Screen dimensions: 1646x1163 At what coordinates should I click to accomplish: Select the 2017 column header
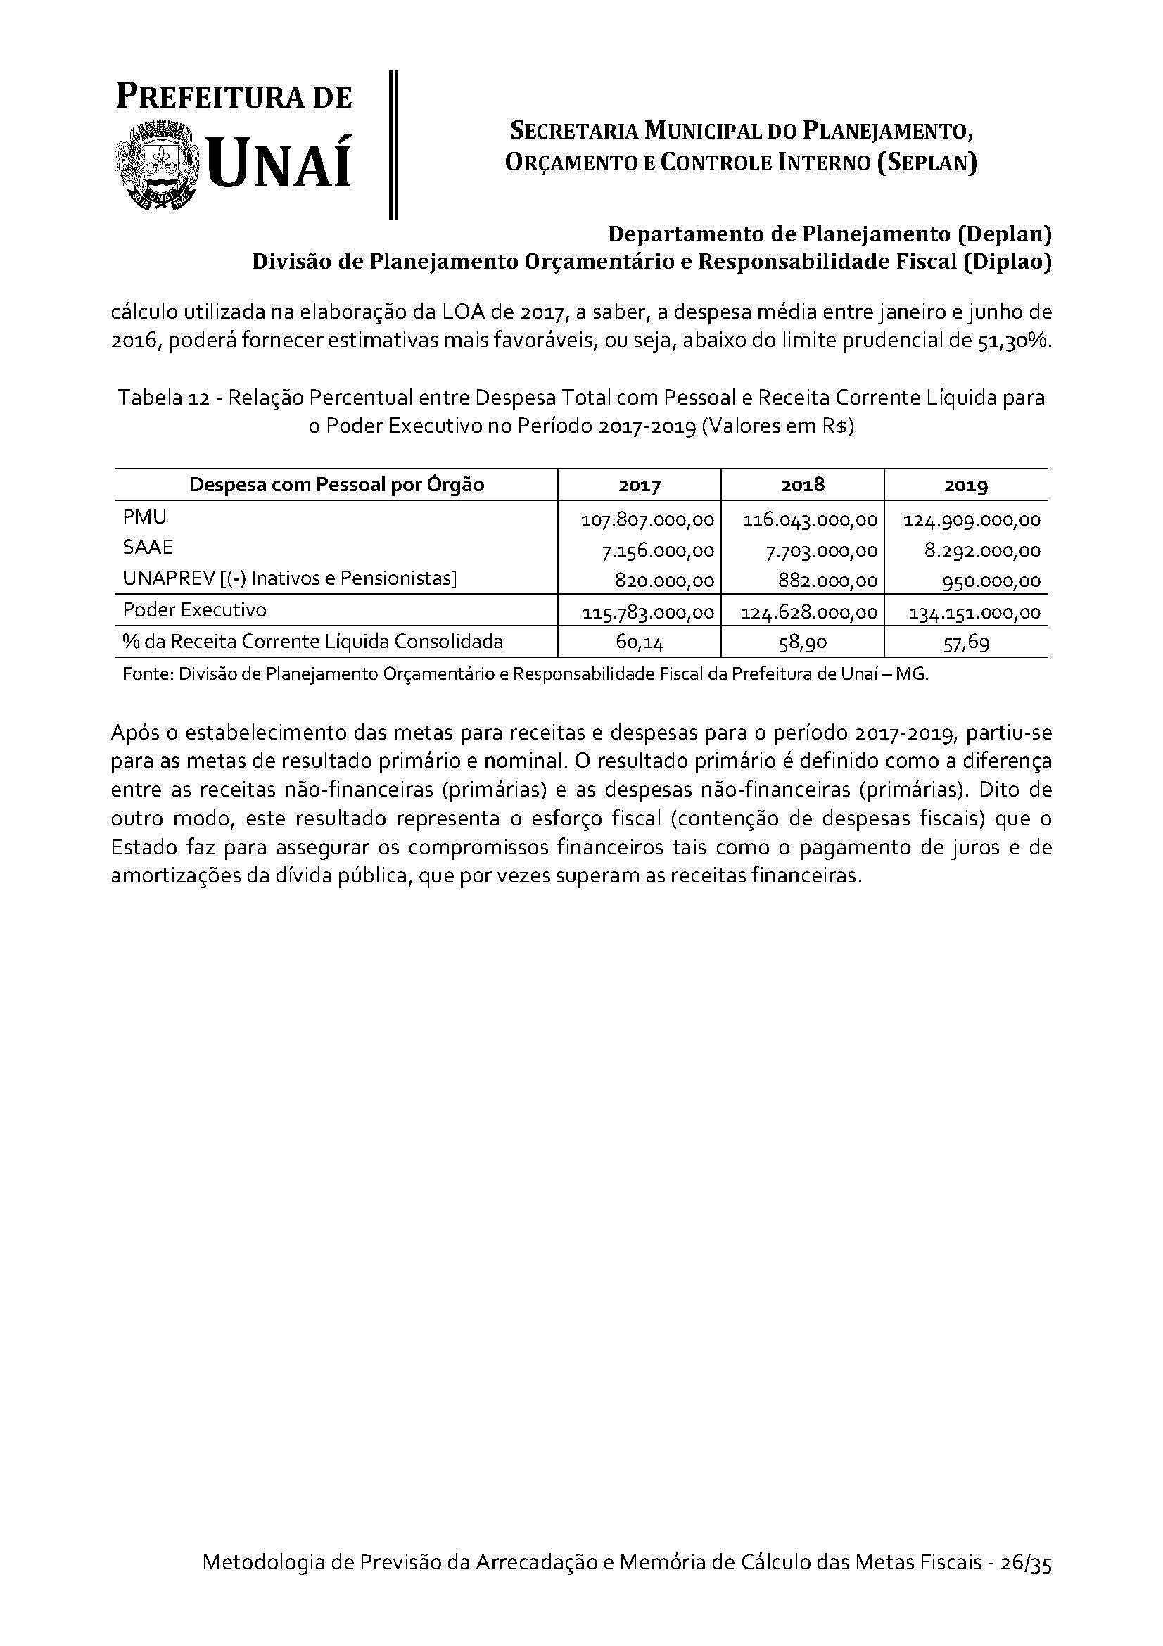tap(639, 486)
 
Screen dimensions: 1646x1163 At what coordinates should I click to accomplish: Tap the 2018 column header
tap(803, 486)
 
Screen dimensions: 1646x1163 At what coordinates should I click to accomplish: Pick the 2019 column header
tap(966, 486)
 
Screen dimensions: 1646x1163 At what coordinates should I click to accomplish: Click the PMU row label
tap(145, 517)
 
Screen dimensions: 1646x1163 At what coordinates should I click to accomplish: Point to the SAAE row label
tap(148, 547)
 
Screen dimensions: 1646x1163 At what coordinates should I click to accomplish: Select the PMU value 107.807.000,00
tap(647, 520)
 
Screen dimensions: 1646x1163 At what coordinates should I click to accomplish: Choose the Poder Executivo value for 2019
tap(974, 613)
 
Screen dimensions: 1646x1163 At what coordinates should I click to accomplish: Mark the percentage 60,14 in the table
tap(639, 643)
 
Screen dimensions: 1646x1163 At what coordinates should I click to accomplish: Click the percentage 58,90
tap(803, 643)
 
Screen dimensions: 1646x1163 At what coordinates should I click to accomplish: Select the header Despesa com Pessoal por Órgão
tap(336, 486)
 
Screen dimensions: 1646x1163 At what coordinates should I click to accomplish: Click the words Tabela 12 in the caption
tap(163, 397)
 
